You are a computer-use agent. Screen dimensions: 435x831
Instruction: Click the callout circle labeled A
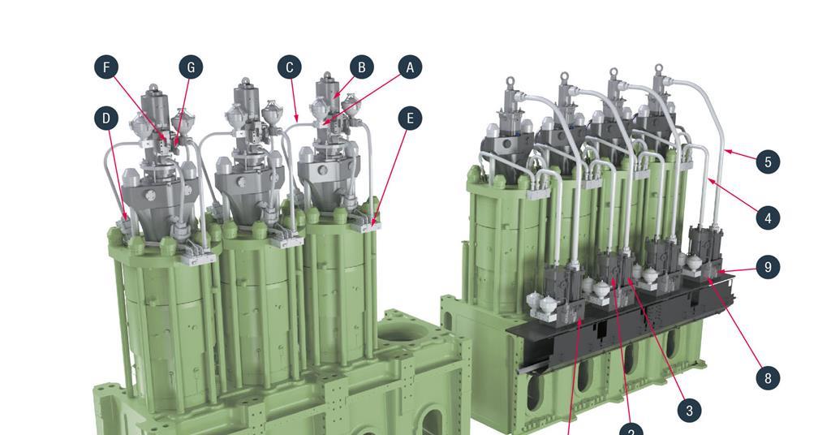[410, 67]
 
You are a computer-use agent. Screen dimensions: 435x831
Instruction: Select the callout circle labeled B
[362, 67]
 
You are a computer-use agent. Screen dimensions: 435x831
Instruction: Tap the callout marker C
[290, 67]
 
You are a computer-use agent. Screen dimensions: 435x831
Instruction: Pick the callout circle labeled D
[105, 118]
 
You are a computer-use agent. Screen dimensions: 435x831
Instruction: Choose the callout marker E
[410, 118]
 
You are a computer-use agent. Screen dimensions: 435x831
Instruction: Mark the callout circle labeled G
[191, 67]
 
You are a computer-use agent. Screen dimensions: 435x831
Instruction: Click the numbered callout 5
[768, 162]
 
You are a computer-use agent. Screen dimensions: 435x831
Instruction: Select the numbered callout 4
[768, 217]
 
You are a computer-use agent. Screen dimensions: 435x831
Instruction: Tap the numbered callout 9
[768, 267]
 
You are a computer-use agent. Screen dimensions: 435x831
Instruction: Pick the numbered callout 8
[768, 377]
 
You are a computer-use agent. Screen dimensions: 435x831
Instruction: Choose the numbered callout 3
[689, 411]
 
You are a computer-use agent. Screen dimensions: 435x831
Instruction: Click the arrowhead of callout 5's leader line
[725, 149]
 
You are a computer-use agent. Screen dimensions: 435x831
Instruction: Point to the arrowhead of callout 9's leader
[719, 271]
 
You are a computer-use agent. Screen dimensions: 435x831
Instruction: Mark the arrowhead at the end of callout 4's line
[709, 180]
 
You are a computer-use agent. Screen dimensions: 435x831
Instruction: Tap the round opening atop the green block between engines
[401, 332]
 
